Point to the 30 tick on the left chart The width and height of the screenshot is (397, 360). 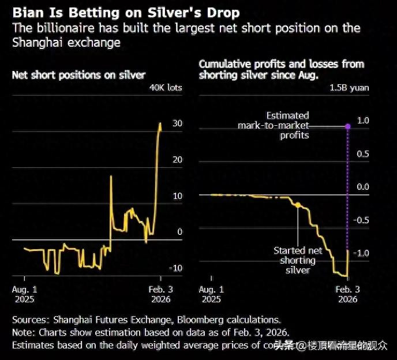(x=178, y=123)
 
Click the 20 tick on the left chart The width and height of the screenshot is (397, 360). (x=178, y=159)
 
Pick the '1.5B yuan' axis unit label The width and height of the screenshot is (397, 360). (x=349, y=88)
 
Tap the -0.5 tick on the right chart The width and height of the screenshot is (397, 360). (x=361, y=220)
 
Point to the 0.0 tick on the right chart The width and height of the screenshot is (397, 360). (x=362, y=186)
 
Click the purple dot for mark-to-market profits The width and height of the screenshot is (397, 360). (x=347, y=126)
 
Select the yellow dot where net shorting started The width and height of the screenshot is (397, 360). (x=298, y=205)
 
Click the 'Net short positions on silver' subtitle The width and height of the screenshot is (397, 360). (x=78, y=74)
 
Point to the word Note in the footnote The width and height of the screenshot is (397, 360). (x=23, y=332)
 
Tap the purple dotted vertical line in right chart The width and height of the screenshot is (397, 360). (x=347, y=185)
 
